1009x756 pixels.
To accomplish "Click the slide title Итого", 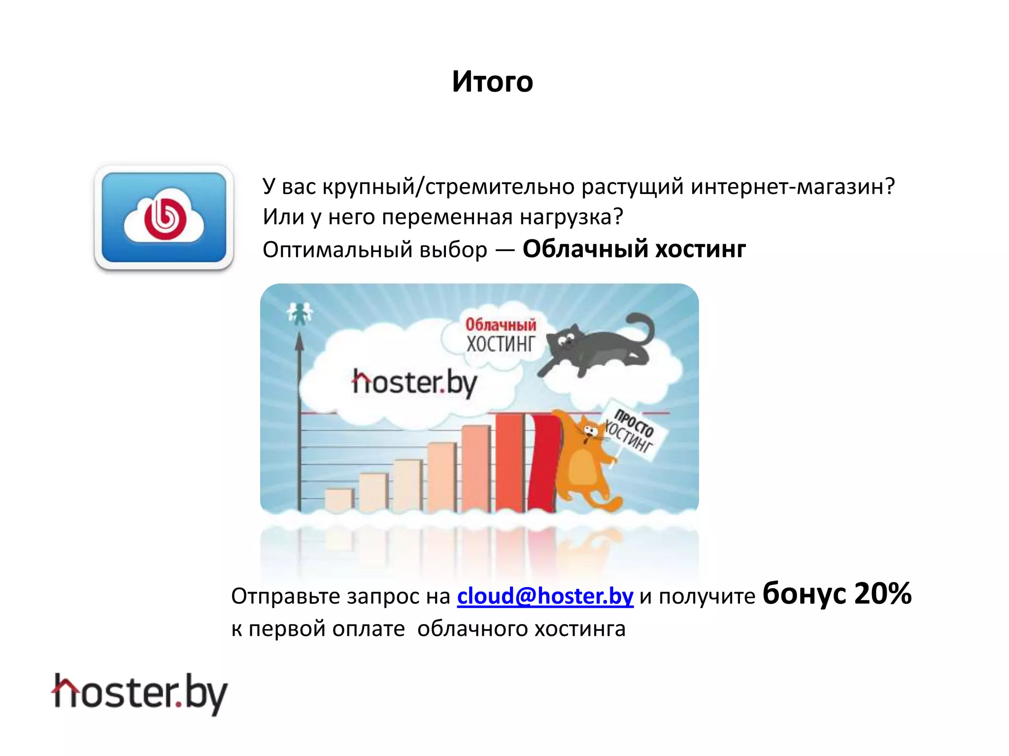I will tap(492, 82).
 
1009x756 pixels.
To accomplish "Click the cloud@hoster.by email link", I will tap(545, 596).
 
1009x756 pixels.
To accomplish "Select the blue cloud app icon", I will tap(164, 218).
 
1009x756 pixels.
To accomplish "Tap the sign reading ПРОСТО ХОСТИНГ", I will tap(633, 431).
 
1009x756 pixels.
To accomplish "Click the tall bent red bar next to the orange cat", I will tap(542, 463).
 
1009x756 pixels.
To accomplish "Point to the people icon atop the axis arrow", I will tap(299, 313).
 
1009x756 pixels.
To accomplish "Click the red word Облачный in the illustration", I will tap(501, 325).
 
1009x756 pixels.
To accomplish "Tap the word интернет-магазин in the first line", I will tap(792, 187).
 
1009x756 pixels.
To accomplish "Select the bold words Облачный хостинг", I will tap(634, 249).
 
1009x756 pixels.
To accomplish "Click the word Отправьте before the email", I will tap(286, 597).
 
